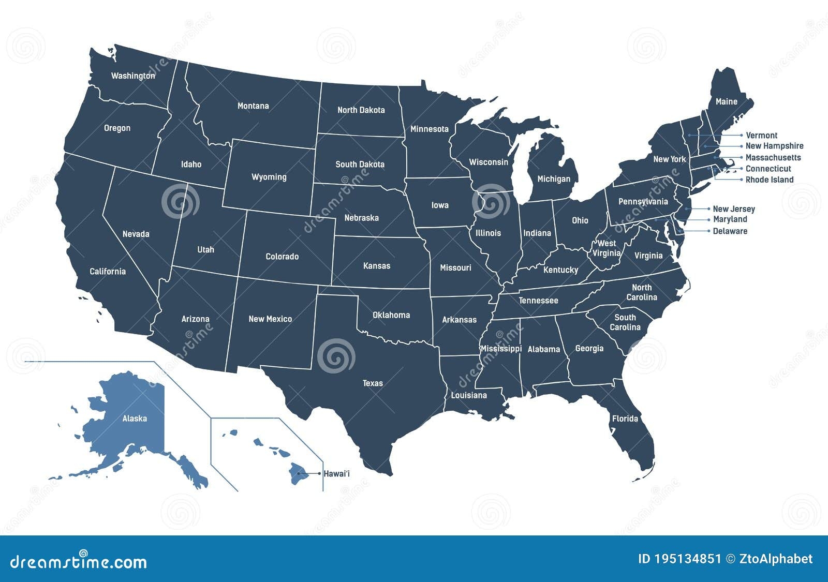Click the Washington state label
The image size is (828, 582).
click(x=133, y=76)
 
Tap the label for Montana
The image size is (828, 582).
click(x=253, y=106)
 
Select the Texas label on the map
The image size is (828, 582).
click(x=373, y=383)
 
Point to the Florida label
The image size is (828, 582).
click(x=625, y=419)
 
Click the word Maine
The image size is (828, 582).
click(x=726, y=102)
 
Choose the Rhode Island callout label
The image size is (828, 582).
click(x=769, y=180)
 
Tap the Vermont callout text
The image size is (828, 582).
click(x=761, y=136)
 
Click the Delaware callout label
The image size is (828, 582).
click(x=730, y=231)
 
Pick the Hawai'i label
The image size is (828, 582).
click(x=336, y=473)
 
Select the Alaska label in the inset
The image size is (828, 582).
click(x=135, y=419)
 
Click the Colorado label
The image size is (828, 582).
click(x=282, y=257)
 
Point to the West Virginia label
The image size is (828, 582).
click(x=607, y=248)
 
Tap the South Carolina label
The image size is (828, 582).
click(x=625, y=322)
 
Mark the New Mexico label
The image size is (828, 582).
click(x=270, y=319)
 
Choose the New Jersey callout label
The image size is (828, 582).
click(x=733, y=209)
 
